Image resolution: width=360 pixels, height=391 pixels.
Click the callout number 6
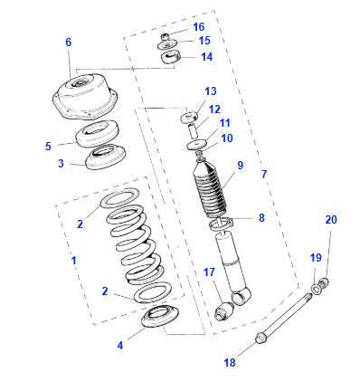pos(68,43)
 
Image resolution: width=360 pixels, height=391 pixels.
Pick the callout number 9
pos(241,165)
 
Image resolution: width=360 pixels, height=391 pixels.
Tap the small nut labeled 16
pos(166,36)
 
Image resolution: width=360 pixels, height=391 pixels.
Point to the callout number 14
pos(206,57)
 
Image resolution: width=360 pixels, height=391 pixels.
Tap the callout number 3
pos(61,164)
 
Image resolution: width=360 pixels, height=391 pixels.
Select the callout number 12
pos(214,109)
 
